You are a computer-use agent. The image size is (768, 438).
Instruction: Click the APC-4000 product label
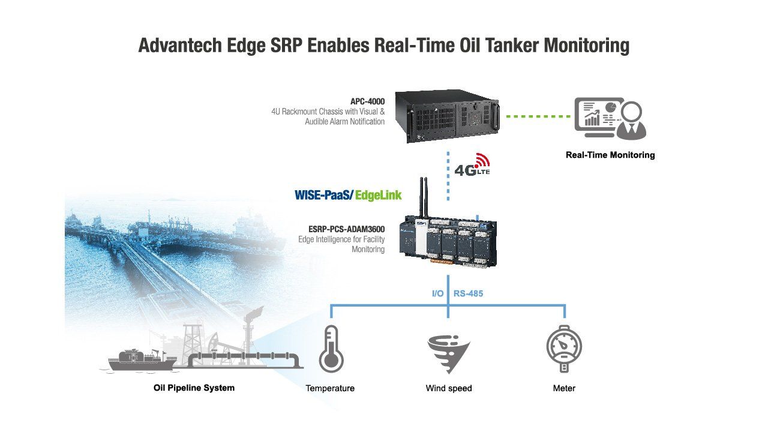point(367,101)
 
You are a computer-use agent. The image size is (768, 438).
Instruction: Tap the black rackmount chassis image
point(447,116)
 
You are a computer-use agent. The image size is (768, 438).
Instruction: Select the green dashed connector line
point(538,116)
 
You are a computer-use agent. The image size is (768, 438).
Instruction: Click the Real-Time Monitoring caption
point(610,155)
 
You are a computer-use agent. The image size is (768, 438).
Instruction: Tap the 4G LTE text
point(472,170)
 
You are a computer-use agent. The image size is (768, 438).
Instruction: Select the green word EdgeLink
point(378,196)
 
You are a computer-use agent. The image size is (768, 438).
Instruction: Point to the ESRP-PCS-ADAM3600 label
point(346,229)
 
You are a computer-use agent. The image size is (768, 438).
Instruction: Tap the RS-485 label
point(469,293)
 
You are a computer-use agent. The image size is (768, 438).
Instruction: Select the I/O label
point(437,293)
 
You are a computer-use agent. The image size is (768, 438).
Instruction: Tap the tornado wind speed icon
point(448,355)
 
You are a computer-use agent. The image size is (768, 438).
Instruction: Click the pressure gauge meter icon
point(564,349)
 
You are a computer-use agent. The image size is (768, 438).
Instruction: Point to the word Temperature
point(330,388)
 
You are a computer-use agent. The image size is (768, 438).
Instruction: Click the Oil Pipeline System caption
point(194,388)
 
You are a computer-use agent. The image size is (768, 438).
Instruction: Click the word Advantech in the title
point(180,46)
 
